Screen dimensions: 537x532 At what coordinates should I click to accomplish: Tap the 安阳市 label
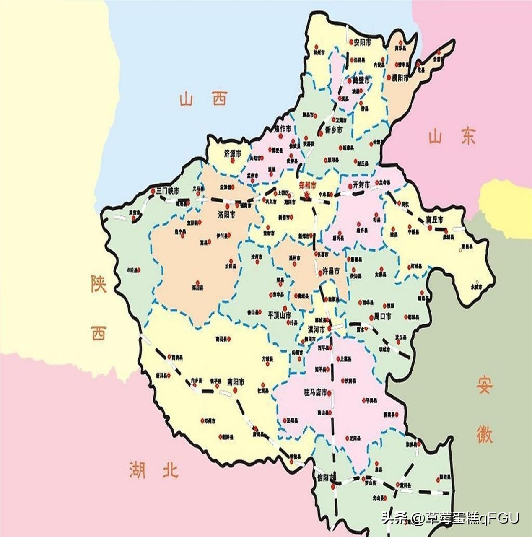coord(362,42)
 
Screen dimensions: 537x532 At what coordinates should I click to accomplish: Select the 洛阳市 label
coord(226,215)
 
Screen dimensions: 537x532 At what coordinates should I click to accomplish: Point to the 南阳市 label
coord(236,382)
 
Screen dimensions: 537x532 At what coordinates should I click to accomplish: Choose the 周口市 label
coord(382,317)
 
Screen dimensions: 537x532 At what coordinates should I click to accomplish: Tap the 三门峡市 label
coord(167,191)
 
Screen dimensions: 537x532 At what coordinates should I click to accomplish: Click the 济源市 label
coord(233,154)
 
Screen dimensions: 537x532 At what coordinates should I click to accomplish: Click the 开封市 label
coord(361,185)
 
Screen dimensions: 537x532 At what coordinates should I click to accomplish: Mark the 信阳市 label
coord(327,477)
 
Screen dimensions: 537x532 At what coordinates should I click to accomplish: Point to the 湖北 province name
coord(154,469)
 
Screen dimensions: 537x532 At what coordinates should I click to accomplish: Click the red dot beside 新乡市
coord(320,131)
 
